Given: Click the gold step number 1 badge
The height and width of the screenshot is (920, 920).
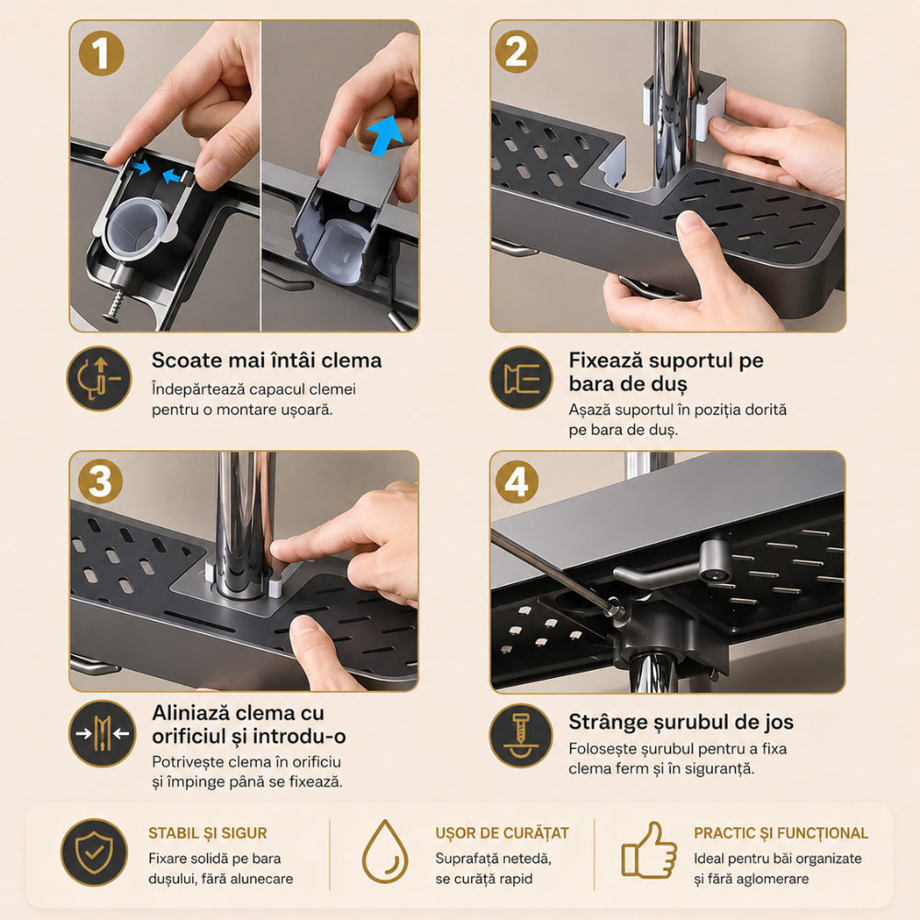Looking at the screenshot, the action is click(101, 53).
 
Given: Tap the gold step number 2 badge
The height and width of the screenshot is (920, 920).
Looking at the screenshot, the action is click(516, 52).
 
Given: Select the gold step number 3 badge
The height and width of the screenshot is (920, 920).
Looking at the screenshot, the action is click(100, 481).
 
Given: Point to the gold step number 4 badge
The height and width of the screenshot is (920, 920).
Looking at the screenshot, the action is click(516, 482).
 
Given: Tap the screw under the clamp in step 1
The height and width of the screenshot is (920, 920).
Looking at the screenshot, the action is click(116, 304).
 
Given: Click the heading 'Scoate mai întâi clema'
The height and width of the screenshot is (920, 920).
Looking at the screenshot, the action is click(267, 360).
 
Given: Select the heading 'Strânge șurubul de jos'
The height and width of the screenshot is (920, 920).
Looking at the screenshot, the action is click(681, 721).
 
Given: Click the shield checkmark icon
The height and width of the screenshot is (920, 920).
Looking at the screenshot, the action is click(94, 852).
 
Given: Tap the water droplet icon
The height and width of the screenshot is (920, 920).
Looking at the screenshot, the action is click(385, 851).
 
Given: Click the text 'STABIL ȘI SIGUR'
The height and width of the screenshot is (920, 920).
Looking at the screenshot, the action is click(208, 834).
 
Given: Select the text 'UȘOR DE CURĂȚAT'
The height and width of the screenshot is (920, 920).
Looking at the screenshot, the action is click(502, 834).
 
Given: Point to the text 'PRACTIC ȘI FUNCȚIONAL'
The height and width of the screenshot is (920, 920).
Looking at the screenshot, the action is click(781, 834).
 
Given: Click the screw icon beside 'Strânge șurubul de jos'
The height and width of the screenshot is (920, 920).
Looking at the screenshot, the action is click(521, 736).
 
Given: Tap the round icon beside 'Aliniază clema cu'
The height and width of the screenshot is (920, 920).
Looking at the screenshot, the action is click(102, 733).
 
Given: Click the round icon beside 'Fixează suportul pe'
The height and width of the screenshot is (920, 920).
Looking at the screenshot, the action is click(521, 378).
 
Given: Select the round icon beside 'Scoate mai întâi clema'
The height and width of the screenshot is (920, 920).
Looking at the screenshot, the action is click(99, 378).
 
